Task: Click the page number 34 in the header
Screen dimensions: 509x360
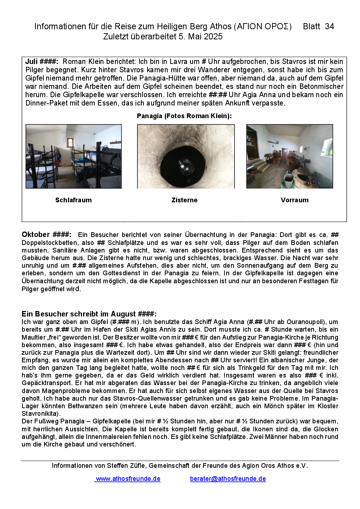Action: (329, 26)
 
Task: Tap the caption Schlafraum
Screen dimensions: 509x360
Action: (73, 200)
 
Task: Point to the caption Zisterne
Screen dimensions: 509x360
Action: (184, 200)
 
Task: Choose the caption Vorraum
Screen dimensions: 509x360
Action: (295, 200)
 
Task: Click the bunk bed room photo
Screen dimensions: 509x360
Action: (74, 156)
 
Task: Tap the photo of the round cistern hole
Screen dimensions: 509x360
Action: (186, 156)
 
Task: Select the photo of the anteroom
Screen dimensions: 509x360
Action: (290, 156)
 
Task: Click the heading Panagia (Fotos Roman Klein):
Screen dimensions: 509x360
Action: (184, 116)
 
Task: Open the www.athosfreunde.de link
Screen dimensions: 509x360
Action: (128, 479)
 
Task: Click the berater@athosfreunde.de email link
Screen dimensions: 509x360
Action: (228, 479)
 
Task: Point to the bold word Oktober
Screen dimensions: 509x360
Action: (36, 234)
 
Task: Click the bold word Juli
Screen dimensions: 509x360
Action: (31, 61)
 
